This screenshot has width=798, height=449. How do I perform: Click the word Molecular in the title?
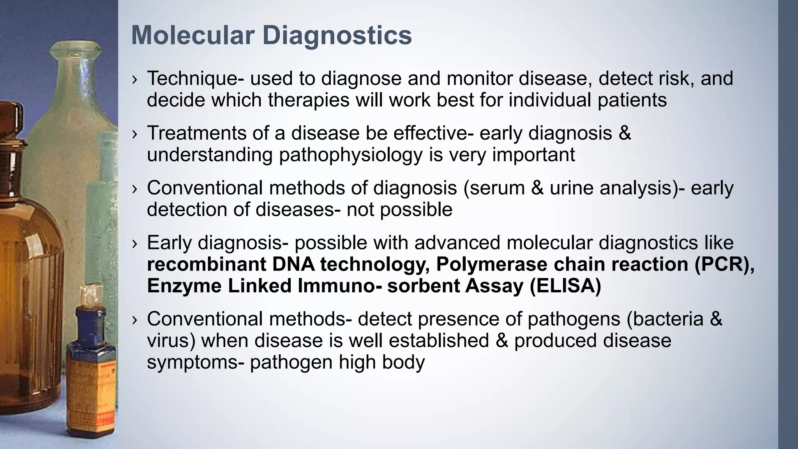pyautogui.click(x=193, y=35)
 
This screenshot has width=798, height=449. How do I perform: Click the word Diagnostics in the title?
pyautogui.click(x=337, y=35)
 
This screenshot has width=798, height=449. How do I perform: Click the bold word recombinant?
pyautogui.click(x=207, y=264)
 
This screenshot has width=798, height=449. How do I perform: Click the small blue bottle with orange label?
pyautogui.click(x=90, y=362)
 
